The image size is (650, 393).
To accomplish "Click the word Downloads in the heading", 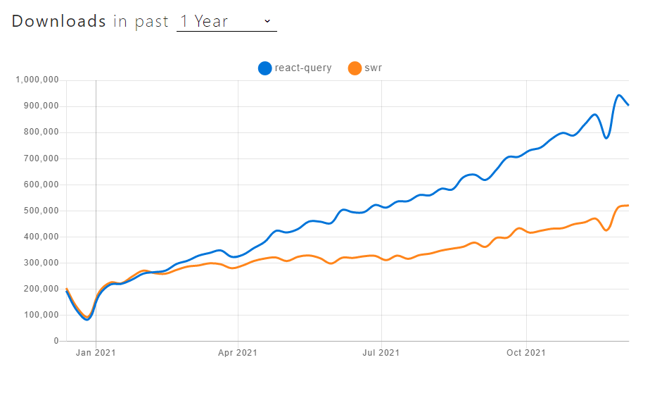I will click(x=58, y=21).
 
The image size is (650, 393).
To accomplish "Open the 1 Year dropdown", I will click(x=226, y=21).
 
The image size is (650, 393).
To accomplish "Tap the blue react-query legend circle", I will click(x=265, y=68).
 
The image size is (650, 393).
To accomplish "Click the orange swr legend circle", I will click(x=354, y=68).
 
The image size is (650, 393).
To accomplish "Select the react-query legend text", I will click(x=302, y=68).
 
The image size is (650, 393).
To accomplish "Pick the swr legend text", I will click(x=374, y=68).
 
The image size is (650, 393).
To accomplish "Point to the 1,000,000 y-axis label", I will click(x=37, y=80).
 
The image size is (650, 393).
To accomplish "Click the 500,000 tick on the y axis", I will click(x=41, y=211).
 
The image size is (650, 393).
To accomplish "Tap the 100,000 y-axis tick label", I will click(x=41, y=315).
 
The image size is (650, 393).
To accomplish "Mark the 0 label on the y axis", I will click(x=56, y=341).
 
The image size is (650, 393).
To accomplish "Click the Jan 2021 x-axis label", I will click(x=96, y=353).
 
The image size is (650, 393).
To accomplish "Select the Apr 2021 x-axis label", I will click(x=238, y=353).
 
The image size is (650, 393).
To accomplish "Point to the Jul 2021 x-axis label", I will click(x=381, y=353).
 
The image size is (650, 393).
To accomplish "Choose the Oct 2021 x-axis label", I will click(x=525, y=353).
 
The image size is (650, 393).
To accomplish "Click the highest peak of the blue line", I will click(x=619, y=95).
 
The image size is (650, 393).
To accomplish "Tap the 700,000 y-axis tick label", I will click(x=41, y=158).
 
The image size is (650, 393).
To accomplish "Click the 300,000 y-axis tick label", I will click(x=41, y=263).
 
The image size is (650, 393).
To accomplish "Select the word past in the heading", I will click(x=152, y=21).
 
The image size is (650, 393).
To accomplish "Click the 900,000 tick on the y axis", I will click(x=41, y=106).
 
